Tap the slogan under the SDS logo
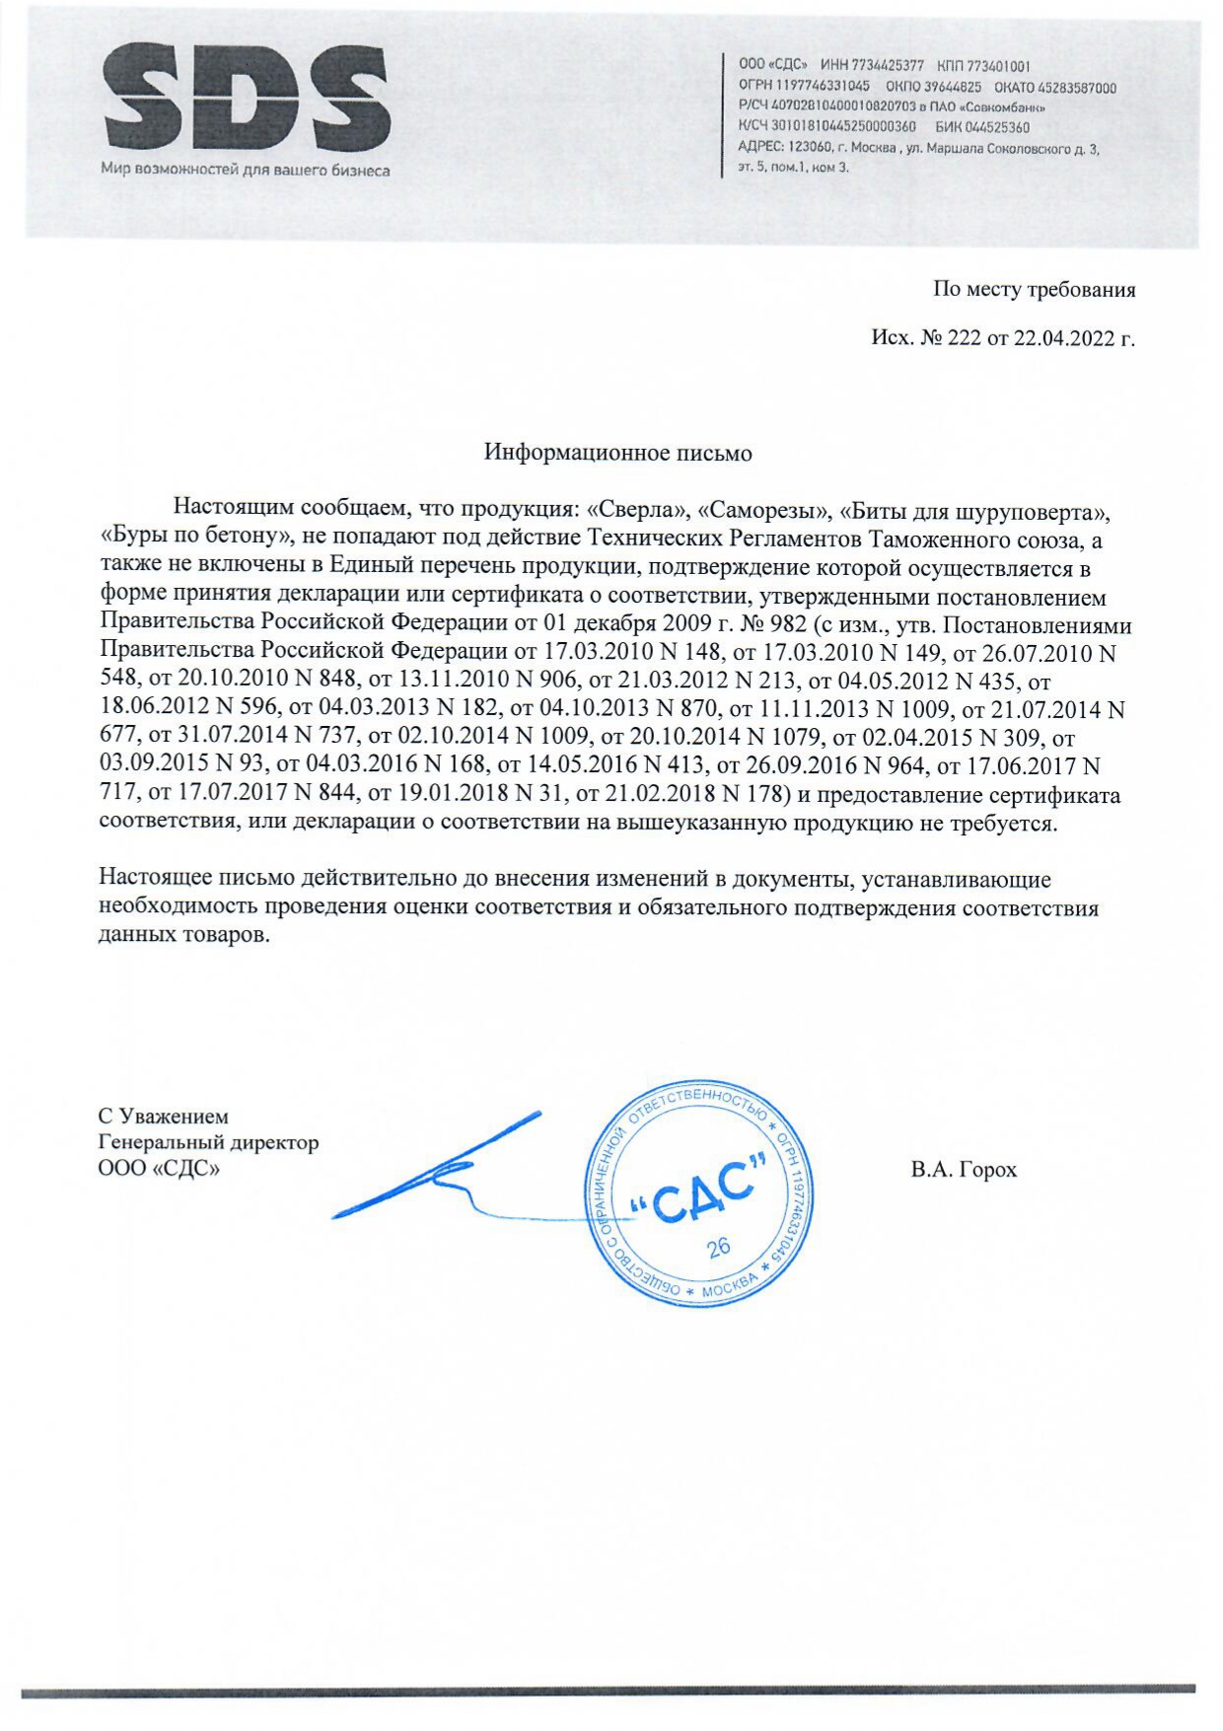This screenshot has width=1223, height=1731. pyautogui.click(x=245, y=171)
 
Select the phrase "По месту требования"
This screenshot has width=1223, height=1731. pyautogui.click(x=1034, y=290)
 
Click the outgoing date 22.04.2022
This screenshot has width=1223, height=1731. pyautogui.click(x=1062, y=338)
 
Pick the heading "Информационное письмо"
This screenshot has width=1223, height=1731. pyautogui.click(x=617, y=453)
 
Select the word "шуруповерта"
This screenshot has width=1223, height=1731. pyautogui.click(x=1035, y=512)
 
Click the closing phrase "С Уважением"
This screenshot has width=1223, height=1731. pyautogui.click(x=163, y=1117)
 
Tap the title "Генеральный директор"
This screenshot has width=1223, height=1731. pyautogui.click(x=208, y=1143)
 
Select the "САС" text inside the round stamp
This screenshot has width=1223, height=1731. pyautogui.click(x=697, y=1196)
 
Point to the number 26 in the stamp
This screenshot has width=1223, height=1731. pyautogui.click(x=719, y=1247)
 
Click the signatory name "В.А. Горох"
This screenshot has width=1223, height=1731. pyautogui.click(x=964, y=1170)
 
